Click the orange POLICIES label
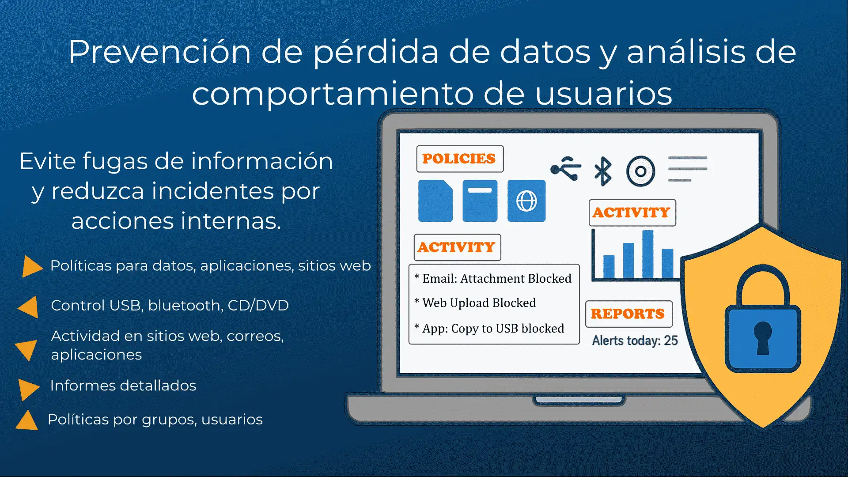pyautogui.click(x=459, y=159)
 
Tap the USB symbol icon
pyautogui.click(x=566, y=168)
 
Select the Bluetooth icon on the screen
pyautogui.click(x=603, y=171)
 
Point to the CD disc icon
pyautogui.click(x=640, y=171)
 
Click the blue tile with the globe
pyautogui.click(x=526, y=201)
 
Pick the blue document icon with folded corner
pyautogui.click(x=435, y=201)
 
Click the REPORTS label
pyautogui.click(x=628, y=314)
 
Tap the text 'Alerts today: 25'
pyautogui.click(x=635, y=341)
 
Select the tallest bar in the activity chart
pyautogui.click(x=648, y=254)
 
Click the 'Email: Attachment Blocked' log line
pyautogui.click(x=493, y=279)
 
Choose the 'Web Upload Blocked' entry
pyautogui.click(x=475, y=303)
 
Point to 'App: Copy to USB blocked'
pyautogui.click(x=489, y=329)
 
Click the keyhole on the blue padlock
pyautogui.click(x=763, y=337)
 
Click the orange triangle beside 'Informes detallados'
pyautogui.click(x=29, y=389)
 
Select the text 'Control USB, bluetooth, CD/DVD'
pyautogui.click(x=170, y=305)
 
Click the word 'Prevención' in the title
pyautogui.click(x=160, y=52)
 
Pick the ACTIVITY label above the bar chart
pyautogui.click(x=632, y=212)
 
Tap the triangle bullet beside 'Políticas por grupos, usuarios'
pyautogui.click(x=27, y=420)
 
